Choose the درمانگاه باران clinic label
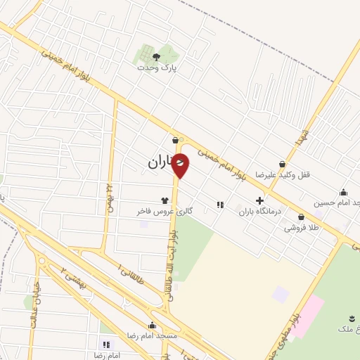[259, 211]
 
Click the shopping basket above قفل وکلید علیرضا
[282, 163]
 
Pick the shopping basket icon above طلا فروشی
[301, 217]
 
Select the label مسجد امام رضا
[152, 336]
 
